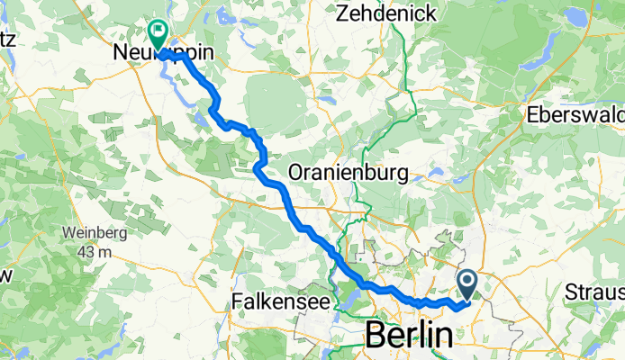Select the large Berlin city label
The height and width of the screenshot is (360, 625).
[x=409, y=336]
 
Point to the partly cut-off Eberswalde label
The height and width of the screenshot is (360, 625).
[x=576, y=117]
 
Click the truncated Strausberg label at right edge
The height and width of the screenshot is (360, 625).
[x=595, y=293]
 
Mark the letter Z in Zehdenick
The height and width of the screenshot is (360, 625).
[x=342, y=13]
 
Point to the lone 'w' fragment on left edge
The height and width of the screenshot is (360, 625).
[x=5, y=274]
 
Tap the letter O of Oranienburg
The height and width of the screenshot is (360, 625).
[x=297, y=172]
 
